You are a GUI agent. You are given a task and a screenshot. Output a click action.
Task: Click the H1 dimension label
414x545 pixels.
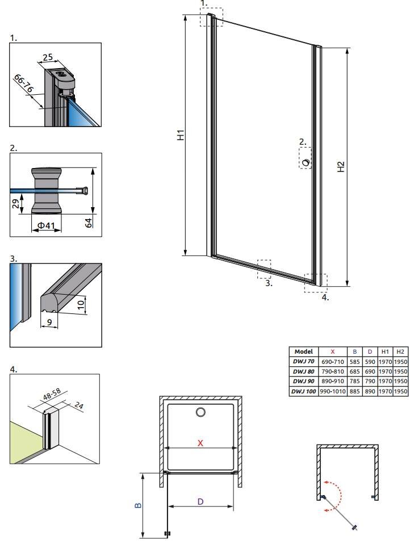pos(181,135)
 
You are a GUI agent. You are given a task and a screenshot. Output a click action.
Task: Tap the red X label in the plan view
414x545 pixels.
pos(200,443)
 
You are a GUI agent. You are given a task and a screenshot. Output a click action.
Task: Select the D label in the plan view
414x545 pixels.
pos(200,501)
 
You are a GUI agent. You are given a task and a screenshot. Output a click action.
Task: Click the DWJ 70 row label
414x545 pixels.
pos(303,362)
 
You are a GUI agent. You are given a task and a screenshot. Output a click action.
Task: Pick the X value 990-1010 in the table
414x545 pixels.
pos(333,391)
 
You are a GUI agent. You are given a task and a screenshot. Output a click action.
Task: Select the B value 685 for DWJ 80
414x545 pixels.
pos(354,371)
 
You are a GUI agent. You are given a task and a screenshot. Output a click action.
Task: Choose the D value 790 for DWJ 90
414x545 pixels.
pos(370,381)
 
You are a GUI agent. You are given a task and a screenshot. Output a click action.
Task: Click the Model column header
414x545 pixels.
pos(303,351)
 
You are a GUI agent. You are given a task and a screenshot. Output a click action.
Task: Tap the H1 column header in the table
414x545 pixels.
pos(385,351)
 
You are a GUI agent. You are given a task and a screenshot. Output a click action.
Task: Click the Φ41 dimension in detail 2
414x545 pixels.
pos(46,225)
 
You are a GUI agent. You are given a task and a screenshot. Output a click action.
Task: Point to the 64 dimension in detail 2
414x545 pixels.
pos(89,223)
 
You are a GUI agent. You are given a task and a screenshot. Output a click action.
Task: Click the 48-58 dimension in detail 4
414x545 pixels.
pos(52,394)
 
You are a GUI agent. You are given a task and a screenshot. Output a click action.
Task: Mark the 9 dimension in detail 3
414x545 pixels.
pos(49,322)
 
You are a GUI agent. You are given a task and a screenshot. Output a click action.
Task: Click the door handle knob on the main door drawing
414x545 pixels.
pos(306,162)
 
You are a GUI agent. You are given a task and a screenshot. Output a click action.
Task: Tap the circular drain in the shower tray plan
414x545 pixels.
pos(200,412)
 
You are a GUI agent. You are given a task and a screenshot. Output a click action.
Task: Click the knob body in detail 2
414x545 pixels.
pos(47,191)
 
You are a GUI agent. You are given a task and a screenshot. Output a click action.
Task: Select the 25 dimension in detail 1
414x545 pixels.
pos(48,57)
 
